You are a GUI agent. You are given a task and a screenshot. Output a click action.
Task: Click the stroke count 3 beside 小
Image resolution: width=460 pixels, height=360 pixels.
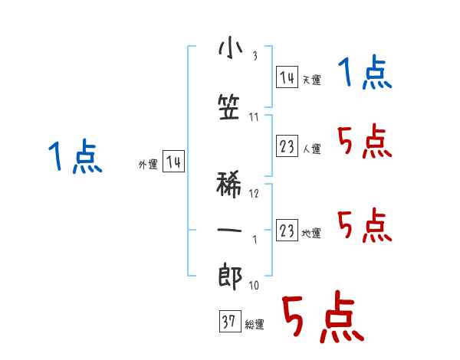click(255, 55)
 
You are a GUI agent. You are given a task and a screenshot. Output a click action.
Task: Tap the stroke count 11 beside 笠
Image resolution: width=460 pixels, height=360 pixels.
click(254, 117)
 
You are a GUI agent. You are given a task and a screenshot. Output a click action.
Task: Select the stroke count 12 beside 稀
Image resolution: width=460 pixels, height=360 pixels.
click(255, 194)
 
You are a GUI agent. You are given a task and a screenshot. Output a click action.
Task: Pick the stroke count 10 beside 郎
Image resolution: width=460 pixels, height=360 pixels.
click(254, 285)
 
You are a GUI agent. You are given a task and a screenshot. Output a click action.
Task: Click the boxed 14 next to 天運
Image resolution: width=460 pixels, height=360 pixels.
click(287, 77)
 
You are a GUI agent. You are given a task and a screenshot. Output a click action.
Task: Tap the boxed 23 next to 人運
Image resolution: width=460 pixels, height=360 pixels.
click(287, 146)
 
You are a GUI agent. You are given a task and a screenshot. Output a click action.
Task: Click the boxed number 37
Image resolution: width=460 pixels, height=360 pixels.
click(228, 322)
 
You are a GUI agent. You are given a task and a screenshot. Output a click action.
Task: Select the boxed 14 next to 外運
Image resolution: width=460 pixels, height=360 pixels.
click(173, 162)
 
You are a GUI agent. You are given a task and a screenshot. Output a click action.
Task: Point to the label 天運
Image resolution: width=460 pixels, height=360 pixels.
click(311, 80)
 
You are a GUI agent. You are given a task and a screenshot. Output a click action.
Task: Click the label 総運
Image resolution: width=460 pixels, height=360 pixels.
click(255, 325)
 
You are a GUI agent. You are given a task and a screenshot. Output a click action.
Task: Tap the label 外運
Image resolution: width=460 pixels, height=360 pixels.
click(148, 164)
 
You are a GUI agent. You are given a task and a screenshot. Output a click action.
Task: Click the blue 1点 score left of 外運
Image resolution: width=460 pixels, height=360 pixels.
click(74, 157)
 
